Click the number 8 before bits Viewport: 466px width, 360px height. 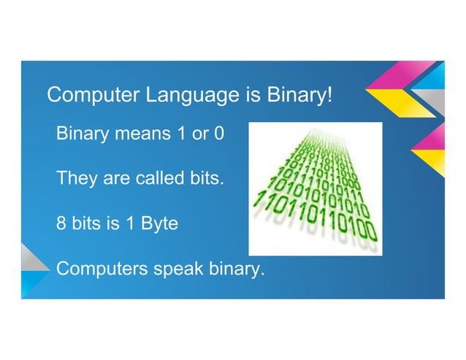62,223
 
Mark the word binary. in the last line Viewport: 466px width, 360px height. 235,269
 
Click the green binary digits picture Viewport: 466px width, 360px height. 315,188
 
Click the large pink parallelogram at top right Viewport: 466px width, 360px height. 394,78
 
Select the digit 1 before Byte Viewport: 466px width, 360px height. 125,223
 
